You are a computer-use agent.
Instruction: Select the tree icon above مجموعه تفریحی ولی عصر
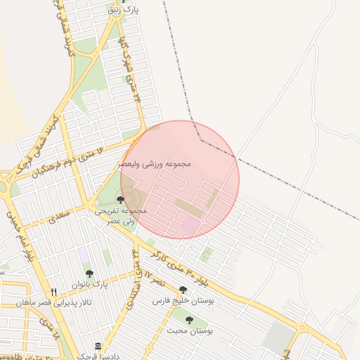coord(121,200)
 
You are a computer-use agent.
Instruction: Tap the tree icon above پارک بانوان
coord(89,274)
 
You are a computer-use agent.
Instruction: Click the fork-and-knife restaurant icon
coord(53,292)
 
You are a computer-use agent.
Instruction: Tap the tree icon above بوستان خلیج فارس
coord(183,290)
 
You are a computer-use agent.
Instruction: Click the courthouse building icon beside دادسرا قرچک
coord(98,347)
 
